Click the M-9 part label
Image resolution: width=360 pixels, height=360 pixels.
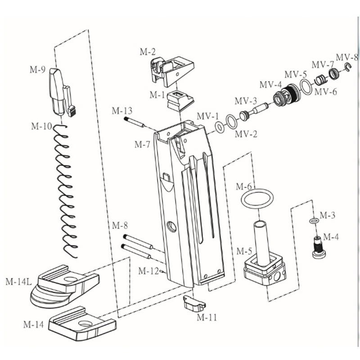coord(37,70)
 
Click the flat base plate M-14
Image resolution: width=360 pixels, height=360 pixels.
coord(82,324)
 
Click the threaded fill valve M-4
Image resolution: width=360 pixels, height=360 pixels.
coord(319,248)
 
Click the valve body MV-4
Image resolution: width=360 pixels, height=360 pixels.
coord(286,94)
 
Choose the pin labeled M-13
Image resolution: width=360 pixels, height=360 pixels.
coord(134,122)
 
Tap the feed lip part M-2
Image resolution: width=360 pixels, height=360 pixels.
coord(172,71)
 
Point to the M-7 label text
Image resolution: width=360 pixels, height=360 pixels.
coord(142,144)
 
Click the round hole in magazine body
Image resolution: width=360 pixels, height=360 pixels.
coord(172,226)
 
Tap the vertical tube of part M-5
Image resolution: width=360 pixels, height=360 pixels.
coord(261,243)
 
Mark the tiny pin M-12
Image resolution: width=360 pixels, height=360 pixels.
coord(162,271)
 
